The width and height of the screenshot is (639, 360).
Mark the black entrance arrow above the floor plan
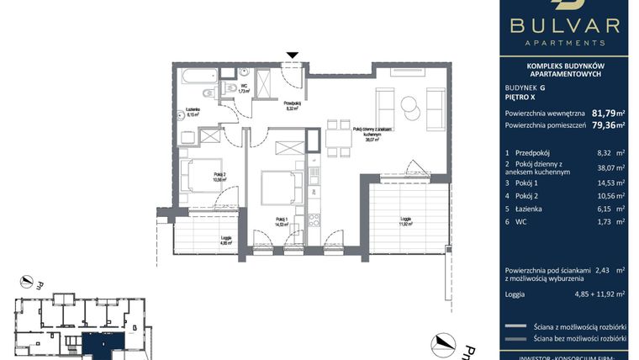292,56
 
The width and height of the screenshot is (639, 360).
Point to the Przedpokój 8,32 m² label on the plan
292,106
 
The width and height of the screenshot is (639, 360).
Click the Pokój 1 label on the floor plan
282,220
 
